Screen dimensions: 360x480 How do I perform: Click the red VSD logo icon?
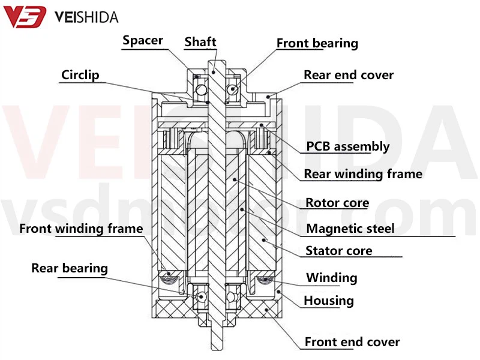click(25, 16)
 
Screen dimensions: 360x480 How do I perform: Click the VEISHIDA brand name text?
click(86, 17)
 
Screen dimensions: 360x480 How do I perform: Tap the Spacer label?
click(143, 41)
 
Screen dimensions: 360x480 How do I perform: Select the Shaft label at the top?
click(200, 41)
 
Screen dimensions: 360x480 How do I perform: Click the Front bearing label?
click(317, 43)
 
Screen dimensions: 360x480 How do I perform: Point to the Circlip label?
click(80, 75)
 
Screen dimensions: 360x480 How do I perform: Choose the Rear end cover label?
click(349, 75)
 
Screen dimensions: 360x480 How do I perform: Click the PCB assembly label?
click(347, 146)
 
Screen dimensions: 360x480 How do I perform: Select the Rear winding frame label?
click(363, 174)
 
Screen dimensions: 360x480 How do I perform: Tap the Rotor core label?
click(337, 203)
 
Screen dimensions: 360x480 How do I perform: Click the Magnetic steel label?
click(350, 228)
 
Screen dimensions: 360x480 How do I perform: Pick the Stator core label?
click(339, 251)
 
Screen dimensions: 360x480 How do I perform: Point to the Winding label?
click(332, 278)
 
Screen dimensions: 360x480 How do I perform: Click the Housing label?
click(329, 301)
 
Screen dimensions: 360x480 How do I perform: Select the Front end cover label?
click(352, 342)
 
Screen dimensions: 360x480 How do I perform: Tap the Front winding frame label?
click(81, 228)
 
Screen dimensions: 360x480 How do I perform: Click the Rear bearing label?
click(70, 268)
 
